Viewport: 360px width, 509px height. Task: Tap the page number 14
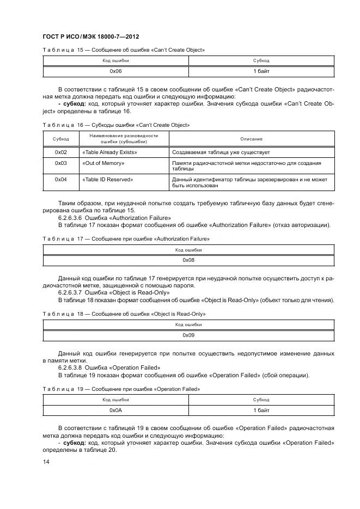click(x=46, y=462)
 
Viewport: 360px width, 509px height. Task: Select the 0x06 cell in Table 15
click(x=116, y=71)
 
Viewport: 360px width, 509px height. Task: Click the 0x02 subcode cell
click(x=60, y=152)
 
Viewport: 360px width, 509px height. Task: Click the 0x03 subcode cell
click(x=60, y=163)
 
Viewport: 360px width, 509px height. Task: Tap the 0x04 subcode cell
click(x=60, y=179)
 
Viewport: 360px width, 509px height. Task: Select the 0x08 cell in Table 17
click(x=188, y=260)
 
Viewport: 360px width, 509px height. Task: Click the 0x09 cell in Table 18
click(x=188, y=335)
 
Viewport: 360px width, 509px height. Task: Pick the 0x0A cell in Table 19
click(x=116, y=410)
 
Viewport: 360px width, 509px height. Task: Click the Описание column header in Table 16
click(x=251, y=139)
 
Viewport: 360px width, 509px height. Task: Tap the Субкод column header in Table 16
click(x=60, y=139)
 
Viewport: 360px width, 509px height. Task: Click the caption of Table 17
click(x=126, y=238)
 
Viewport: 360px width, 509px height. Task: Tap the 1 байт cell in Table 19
click(x=261, y=410)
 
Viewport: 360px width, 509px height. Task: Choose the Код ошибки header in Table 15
click(x=116, y=60)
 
